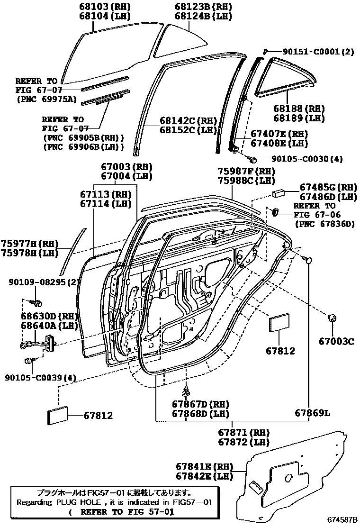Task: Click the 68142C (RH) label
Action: pos(181,121)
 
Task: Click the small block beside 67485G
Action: pos(278,193)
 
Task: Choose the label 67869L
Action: pos(312,413)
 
